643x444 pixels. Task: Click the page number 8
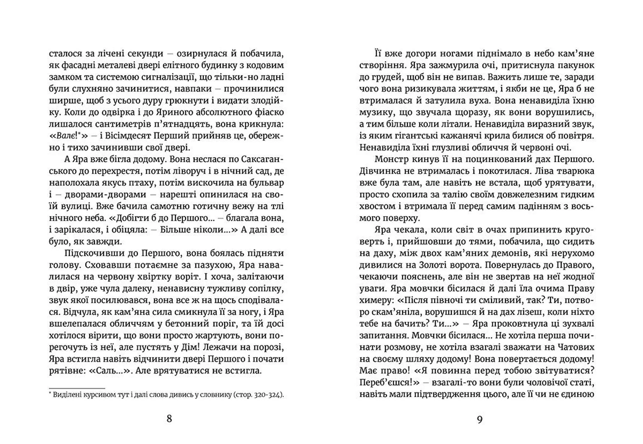click(x=169, y=419)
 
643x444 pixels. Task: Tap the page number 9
click(x=480, y=419)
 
